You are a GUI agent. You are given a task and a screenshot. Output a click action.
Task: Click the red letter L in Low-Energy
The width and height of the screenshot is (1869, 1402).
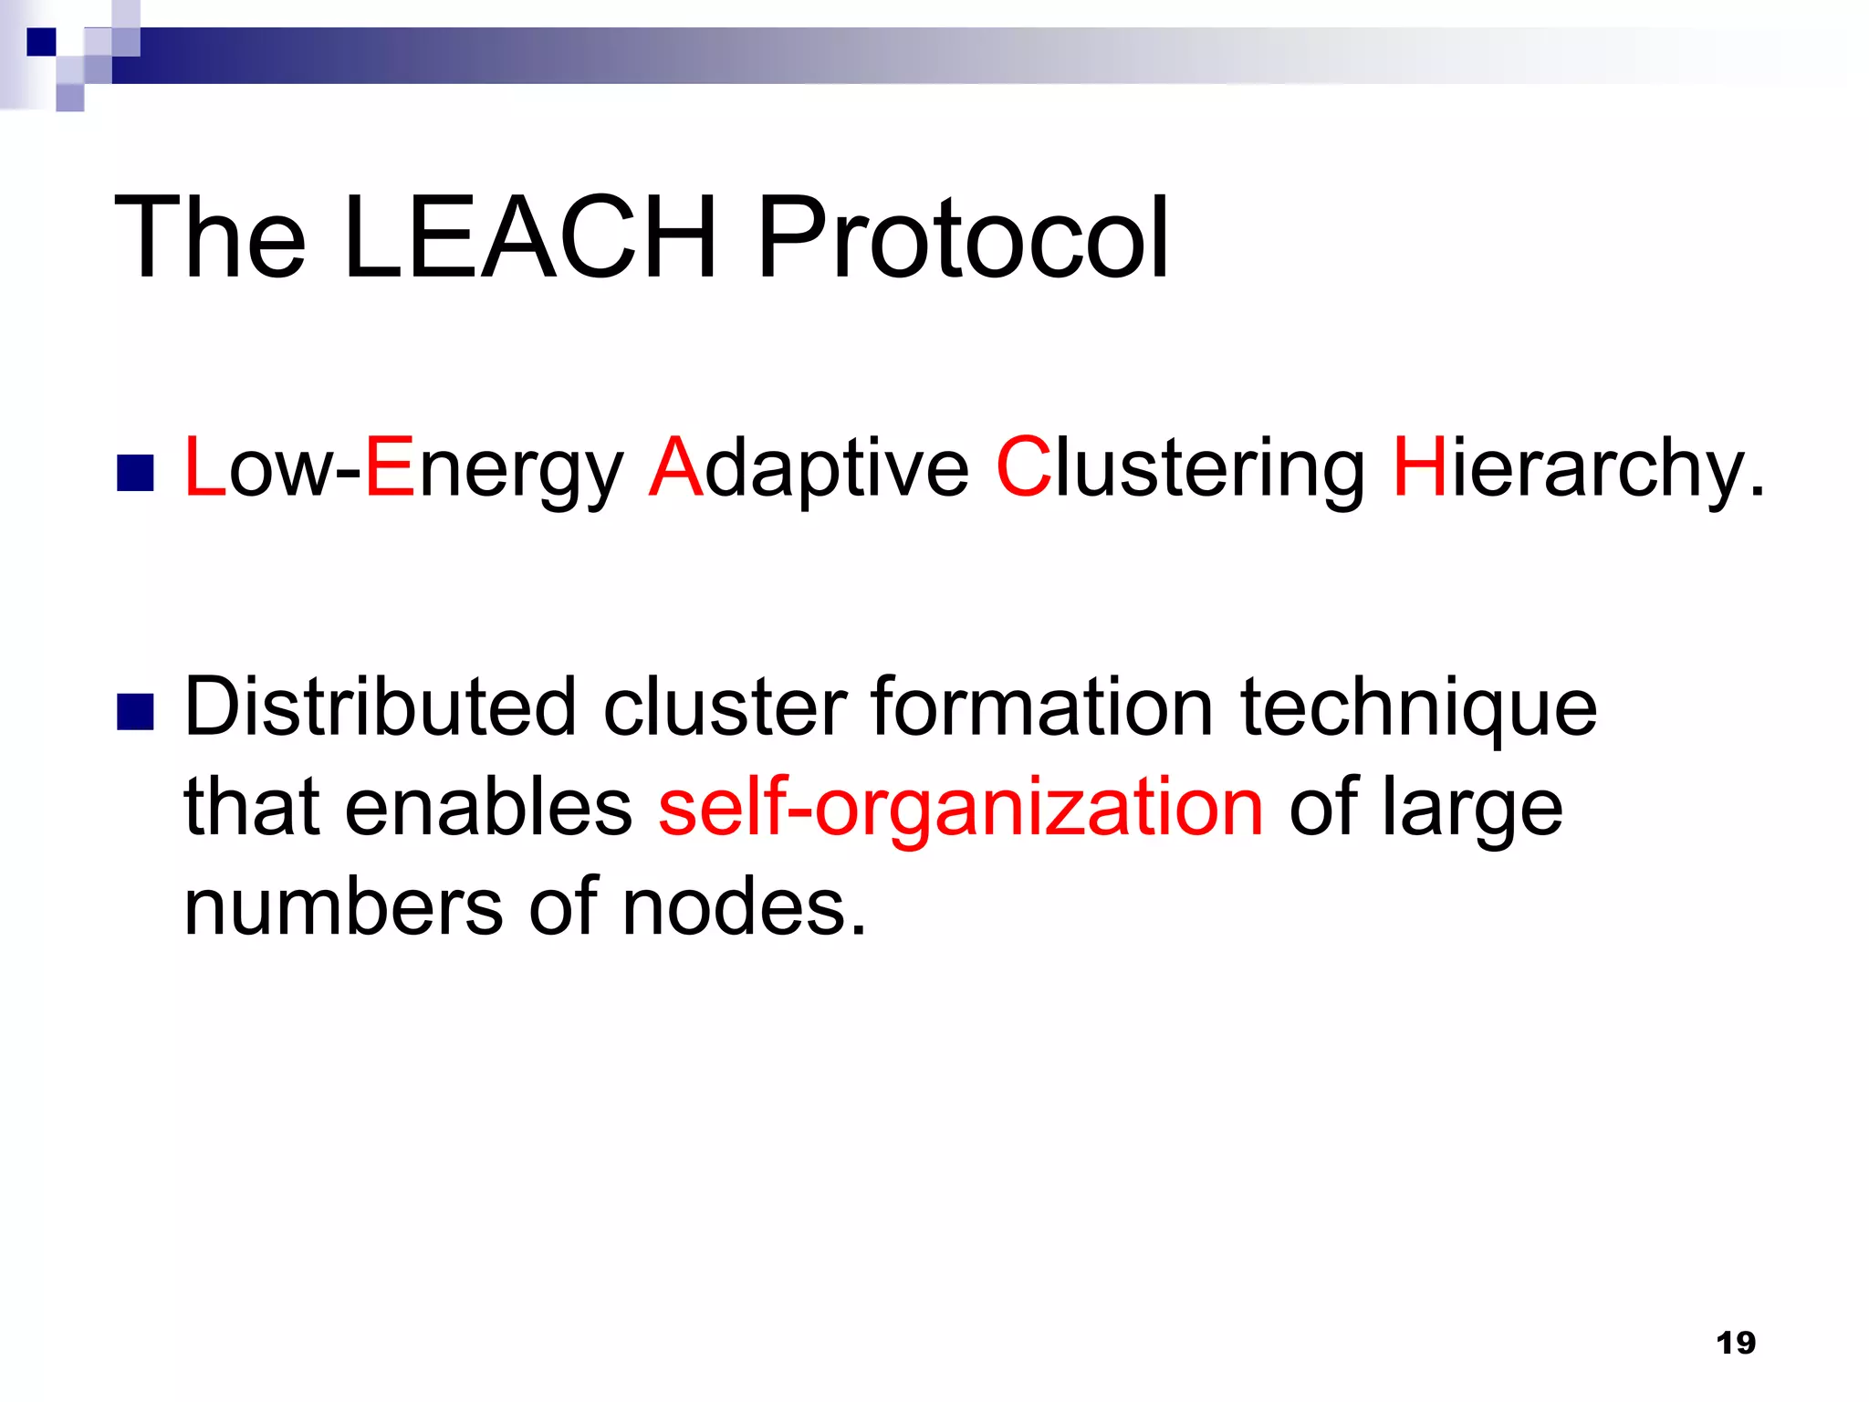pos(204,467)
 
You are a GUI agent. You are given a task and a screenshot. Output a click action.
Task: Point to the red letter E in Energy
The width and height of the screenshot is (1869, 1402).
pos(391,467)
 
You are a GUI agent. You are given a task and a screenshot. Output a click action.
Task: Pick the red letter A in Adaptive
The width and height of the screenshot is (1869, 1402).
pos(675,467)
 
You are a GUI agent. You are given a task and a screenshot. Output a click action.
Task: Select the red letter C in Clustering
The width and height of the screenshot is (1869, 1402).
pos(1023,467)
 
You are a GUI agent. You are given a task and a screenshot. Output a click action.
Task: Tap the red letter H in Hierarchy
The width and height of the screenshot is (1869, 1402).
pos(1420,467)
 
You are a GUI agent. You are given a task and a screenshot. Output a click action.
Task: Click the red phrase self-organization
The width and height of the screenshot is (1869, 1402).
pos(961,808)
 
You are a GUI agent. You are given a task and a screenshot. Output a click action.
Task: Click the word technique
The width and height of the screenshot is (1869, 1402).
pos(1418,708)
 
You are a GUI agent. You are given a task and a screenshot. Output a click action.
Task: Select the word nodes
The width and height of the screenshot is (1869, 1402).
pos(743,907)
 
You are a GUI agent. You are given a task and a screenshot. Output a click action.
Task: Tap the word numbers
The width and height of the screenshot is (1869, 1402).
pos(343,907)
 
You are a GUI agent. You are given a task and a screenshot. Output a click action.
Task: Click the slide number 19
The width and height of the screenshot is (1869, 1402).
pos(1735,1343)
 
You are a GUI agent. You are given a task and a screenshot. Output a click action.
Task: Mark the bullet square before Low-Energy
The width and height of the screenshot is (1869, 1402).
pos(135,473)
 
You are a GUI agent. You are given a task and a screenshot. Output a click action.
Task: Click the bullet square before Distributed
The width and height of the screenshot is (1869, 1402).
pos(135,713)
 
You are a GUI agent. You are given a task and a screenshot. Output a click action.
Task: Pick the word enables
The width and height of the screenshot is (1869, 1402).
pos(488,807)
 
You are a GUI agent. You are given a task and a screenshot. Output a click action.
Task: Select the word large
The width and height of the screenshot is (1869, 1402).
pos(1471,809)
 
